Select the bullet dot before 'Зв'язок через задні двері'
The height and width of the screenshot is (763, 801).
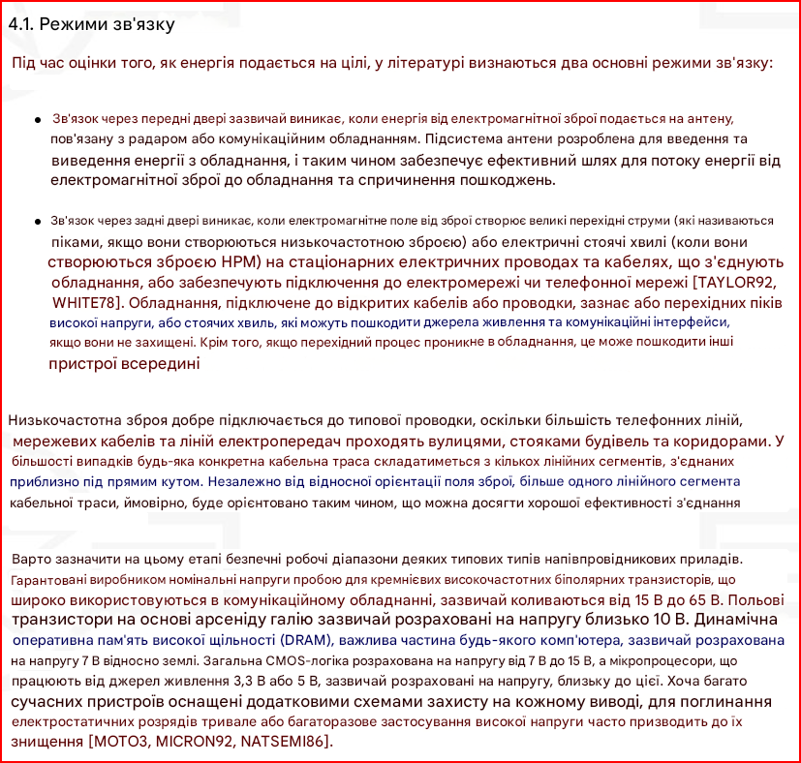click(37, 222)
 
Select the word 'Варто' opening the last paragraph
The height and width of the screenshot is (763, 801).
click(31, 560)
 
